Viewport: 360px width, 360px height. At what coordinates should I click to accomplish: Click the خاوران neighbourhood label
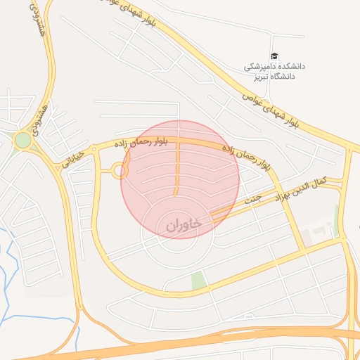point(184,224)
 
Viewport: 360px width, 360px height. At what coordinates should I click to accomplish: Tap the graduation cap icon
point(274,57)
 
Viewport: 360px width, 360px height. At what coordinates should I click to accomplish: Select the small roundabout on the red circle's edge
point(119,170)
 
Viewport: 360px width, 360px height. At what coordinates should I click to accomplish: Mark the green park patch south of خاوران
point(200,280)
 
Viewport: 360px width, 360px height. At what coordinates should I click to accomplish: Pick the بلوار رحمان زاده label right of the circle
point(246,157)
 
